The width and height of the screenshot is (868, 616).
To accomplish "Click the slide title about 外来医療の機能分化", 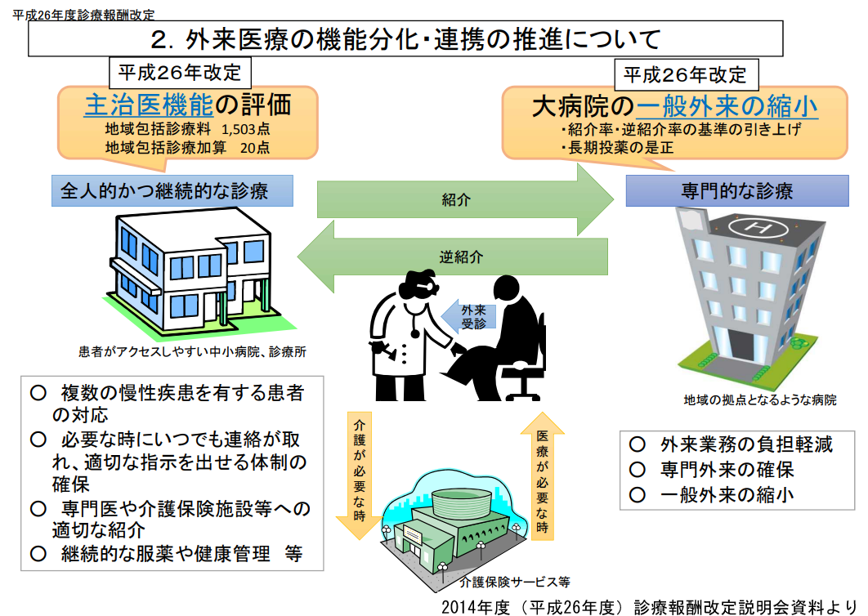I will pos(405,38).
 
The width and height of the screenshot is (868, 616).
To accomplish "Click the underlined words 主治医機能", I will pos(148,105).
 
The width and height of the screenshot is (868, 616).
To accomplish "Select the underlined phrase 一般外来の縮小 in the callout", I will pos(727,106).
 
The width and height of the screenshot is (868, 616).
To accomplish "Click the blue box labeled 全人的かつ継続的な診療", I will pos(172,191).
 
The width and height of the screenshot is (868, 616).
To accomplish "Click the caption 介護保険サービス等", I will pos(514,583).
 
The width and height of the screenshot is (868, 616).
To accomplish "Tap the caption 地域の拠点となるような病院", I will pos(759,400).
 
